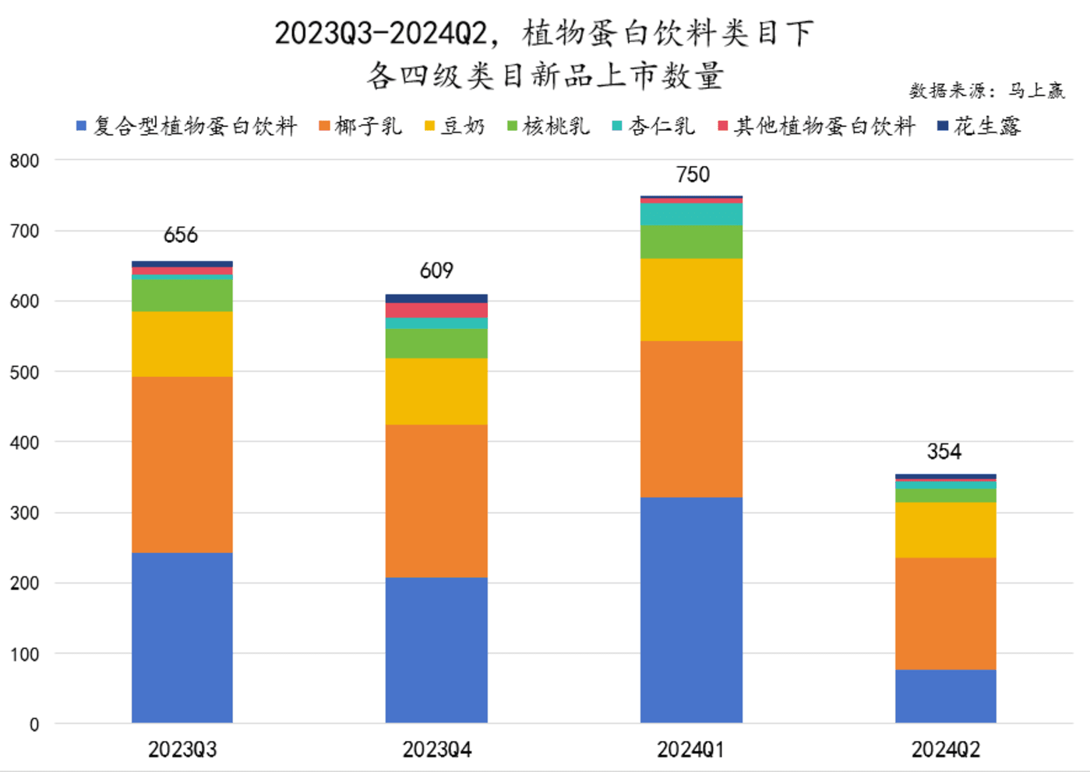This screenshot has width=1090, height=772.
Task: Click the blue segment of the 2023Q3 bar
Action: [x=182, y=637]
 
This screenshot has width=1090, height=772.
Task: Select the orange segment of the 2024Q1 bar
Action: [x=691, y=418]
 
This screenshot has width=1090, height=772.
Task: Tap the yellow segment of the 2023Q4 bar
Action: [x=436, y=391]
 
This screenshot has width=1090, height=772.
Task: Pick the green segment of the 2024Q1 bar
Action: [x=691, y=241]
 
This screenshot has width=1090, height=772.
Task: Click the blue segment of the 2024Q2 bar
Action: [x=945, y=696]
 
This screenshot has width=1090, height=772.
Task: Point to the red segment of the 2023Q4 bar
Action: [x=436, y=310]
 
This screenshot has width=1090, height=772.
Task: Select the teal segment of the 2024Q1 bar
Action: [x=691, y=214]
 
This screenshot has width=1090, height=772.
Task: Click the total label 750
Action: [x=693, y=174]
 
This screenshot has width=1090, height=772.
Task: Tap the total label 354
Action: [x=944, y=452]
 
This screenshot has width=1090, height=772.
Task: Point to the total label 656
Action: [x=181, y=235]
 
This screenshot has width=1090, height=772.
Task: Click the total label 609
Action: [x=436, y=271]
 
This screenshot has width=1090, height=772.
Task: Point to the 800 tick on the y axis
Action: [x=24, y=161]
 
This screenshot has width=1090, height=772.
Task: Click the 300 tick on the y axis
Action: [x=24, y=513]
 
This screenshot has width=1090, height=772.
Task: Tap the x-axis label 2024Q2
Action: [x=945, y=749]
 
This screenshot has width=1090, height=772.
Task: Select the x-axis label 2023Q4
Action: [x=436, y=749]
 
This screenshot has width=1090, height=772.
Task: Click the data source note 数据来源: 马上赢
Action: [x=986, y=91]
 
